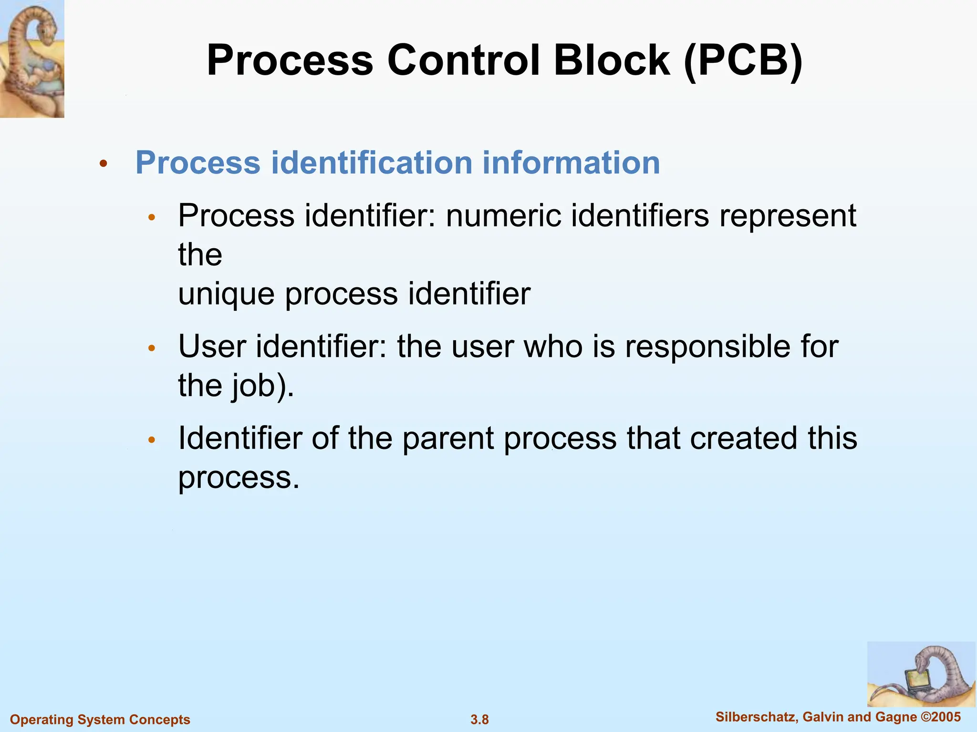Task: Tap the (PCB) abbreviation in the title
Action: point(743,61)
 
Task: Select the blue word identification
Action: point(372,163)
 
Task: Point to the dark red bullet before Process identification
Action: point(104,164)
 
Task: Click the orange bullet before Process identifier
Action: point(152,218)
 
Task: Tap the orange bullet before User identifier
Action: point(152,348)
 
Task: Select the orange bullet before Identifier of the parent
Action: point(152,440)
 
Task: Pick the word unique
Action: point(226,294)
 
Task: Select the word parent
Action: point(448,438)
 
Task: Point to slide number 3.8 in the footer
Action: point(479,720)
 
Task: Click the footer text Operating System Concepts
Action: point(100,720)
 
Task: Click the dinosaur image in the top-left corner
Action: point(32,59)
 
